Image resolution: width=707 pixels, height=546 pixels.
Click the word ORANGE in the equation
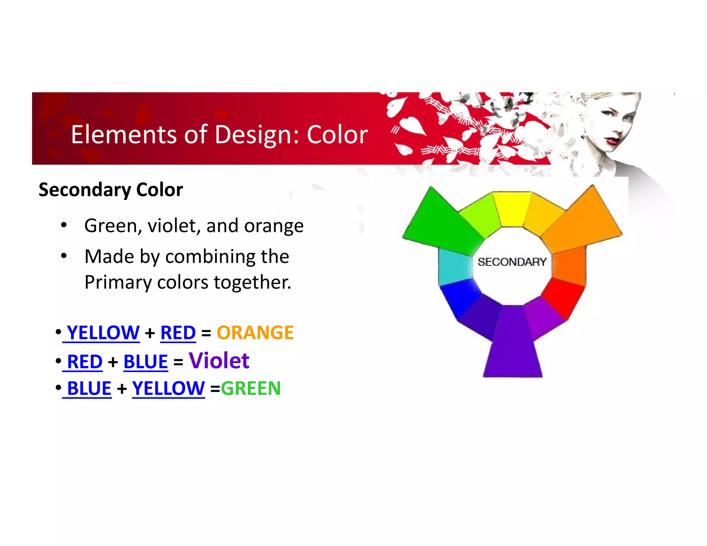[x=255, y=333]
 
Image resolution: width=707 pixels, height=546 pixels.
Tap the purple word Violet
[x=219, y=361]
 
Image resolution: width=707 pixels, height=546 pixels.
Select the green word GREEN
[x=251, y=388]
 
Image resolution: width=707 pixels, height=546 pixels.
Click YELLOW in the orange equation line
[x=103, y=333]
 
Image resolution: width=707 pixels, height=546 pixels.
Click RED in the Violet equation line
[x=85, y=362]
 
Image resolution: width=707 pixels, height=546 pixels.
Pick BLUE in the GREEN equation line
[x=89, y=388]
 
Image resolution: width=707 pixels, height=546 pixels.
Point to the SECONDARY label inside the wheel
[x=512, y=262]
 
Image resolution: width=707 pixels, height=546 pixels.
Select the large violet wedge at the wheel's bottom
[x=513, y=349]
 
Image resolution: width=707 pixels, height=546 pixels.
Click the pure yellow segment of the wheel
[x=512, y=209]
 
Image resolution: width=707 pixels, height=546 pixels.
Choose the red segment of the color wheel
[x=564, y=297]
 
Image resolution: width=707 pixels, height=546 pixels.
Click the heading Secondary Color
[x=110, y=190]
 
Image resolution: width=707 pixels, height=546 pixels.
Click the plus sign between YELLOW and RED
[x=150, y=333]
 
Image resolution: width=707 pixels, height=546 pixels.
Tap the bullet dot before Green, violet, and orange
[x=64, y=225]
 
